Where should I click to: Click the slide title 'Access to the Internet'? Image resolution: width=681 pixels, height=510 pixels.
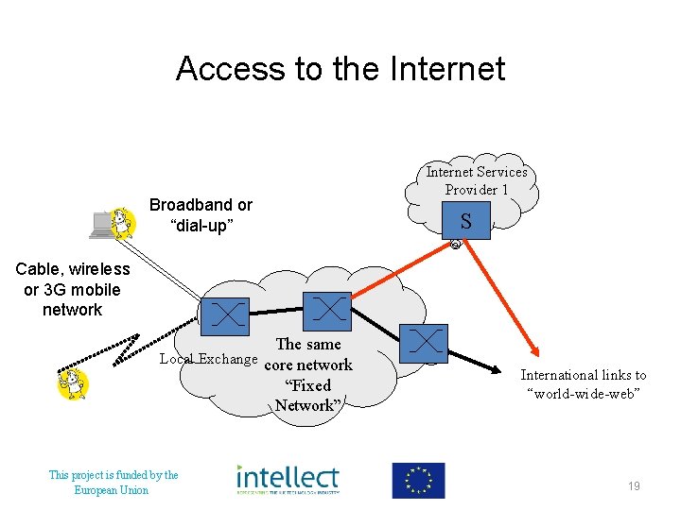click(x=340, y=69)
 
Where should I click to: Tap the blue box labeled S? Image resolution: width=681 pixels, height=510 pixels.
click(x=466, y=221)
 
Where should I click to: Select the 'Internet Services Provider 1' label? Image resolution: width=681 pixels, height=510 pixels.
click(x=476, y=180)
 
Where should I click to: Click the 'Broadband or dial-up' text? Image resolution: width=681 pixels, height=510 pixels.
click(x=201, y=215)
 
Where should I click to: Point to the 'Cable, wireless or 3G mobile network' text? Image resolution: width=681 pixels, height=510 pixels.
click(x=73, y=290)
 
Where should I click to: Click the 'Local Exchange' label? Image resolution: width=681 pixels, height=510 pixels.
click(x=208, y=359)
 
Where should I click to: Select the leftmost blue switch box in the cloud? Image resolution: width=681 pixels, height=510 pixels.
click(x=225, y=314)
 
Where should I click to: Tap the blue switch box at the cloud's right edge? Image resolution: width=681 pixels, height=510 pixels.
click(x=424, y=343)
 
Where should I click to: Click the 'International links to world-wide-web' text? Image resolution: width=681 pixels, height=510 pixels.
click(x=584, y=383)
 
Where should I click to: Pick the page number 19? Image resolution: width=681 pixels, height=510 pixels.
click(x=634, y=485)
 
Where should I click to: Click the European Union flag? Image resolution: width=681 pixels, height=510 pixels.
click(x=418, y=481)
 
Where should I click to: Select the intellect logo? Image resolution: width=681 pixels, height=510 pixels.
click(x=288, y=480)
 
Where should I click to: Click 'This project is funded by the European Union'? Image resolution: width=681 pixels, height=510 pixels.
click(x=113, y=482)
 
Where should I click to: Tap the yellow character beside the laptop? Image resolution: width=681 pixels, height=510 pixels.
click(x=122, y=223)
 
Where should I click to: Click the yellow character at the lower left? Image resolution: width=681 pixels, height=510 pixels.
click(x=73, y=384)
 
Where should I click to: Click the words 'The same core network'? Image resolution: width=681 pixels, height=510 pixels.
click(x=308, y=354)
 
